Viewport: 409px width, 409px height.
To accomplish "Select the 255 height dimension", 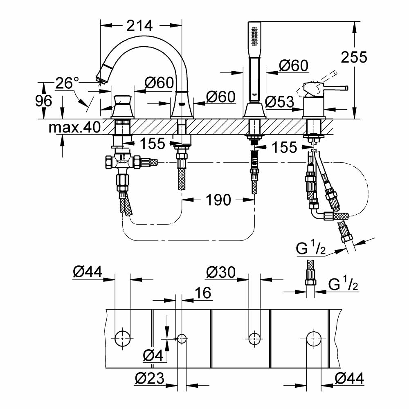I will pos(354,57).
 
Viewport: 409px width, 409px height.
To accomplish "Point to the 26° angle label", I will pos(67,83).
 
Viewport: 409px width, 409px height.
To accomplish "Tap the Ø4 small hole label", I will pos(153,355).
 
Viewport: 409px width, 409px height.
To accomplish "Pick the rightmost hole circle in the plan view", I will pos(314,338).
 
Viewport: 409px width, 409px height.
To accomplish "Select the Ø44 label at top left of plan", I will pos(88,272).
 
